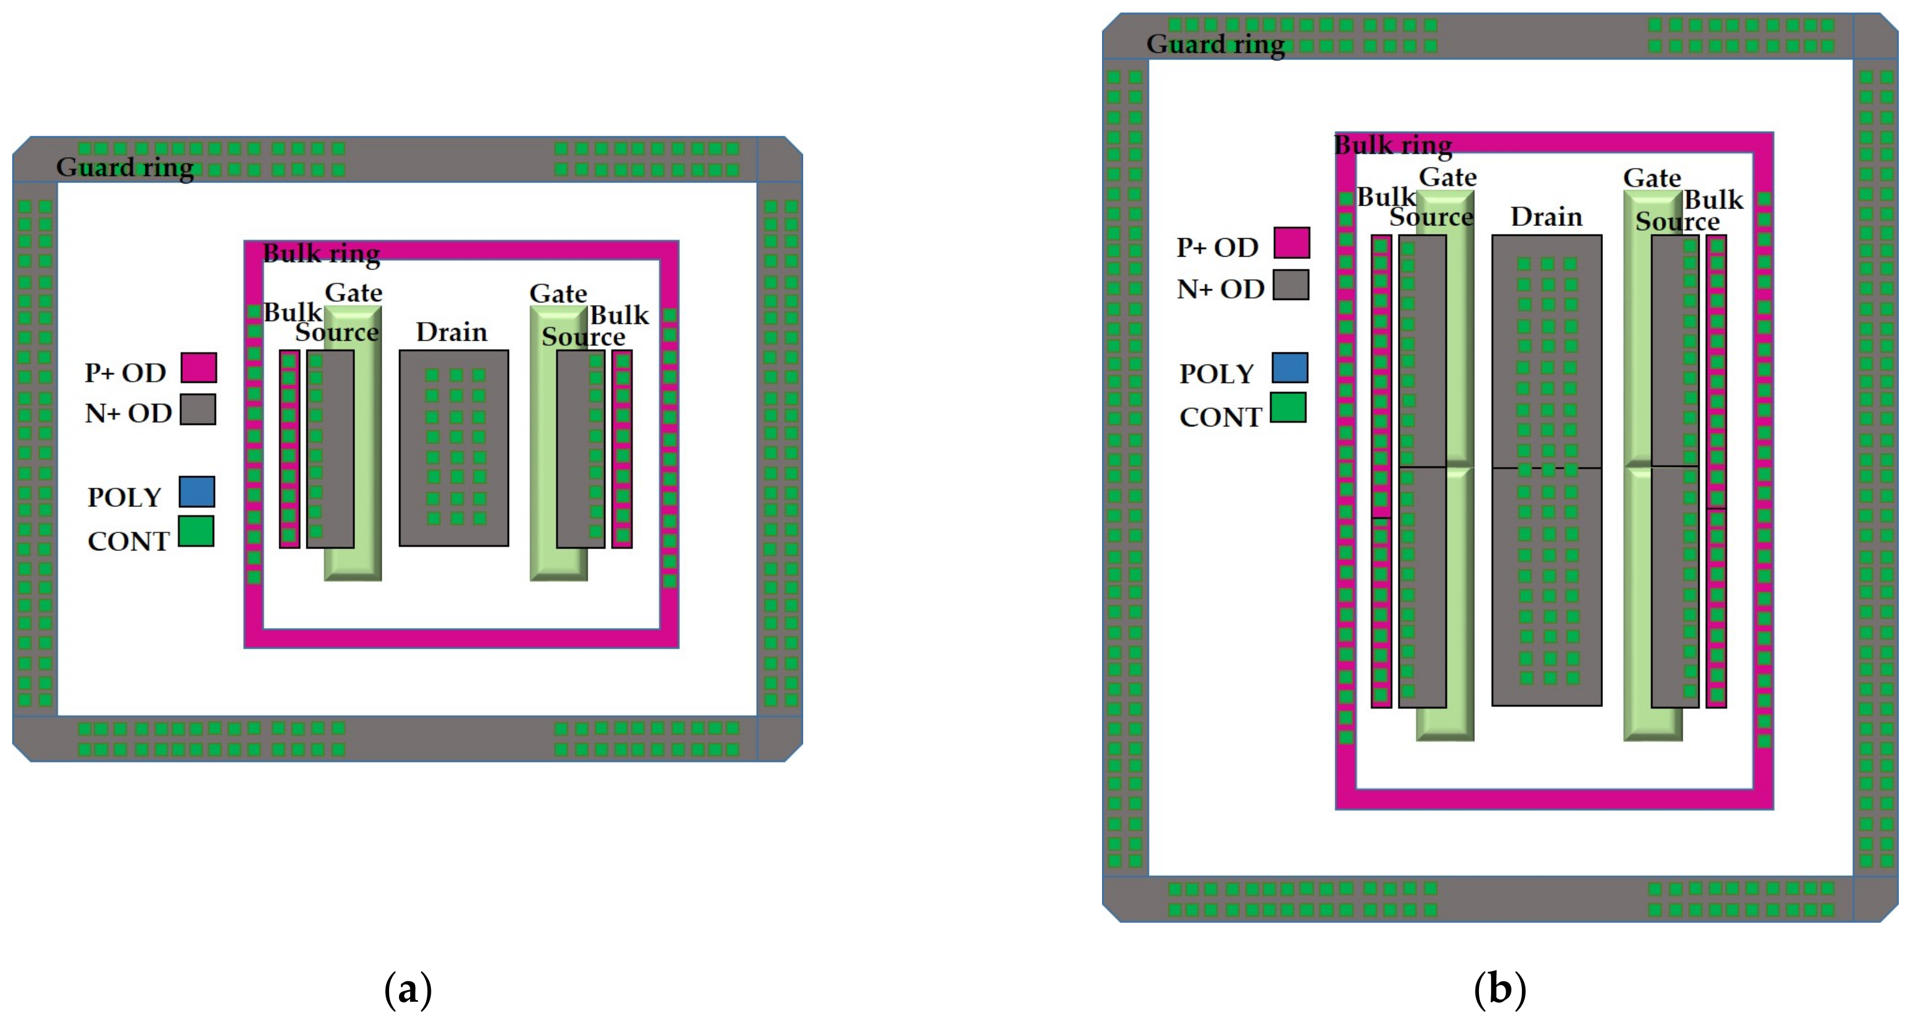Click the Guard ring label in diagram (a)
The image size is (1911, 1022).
tap(125, 168)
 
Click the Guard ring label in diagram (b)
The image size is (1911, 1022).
tap(1215, 45)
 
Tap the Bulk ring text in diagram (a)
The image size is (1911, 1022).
tap(321, 254)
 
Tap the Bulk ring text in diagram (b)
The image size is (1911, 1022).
tap(1393, 145)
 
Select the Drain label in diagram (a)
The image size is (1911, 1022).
tap(451, 332)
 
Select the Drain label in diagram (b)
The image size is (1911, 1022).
tap(1546, 217)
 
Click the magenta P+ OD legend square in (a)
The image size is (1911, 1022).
tap(199, 367)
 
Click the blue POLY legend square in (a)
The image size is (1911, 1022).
tap(196, 491)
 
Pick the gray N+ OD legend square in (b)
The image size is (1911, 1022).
tap(1291, 285)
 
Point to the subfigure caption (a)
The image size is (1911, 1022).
tap(407, 990)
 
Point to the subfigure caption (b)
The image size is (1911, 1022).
tap(1499, 990)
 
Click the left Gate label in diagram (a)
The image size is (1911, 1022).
tap(353, 293)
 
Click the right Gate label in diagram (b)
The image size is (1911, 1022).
tap(1652, 178)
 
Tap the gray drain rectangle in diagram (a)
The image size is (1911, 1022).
tap(453, 447)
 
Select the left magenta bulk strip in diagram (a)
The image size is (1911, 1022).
tap(290, 449)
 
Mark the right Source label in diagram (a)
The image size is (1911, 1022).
tap(583, 337)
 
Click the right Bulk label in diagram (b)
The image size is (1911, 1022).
tap(1713, 200)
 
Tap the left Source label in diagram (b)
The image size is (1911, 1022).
tap(1430, 217)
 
